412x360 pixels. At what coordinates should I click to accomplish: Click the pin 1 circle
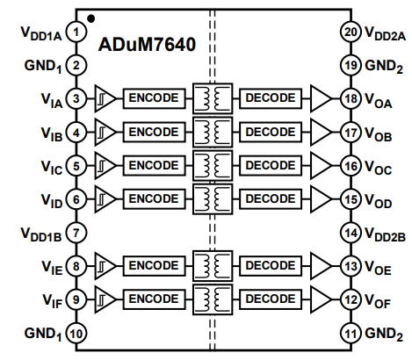point(76,32)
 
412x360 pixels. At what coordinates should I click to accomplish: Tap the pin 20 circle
point(351,32)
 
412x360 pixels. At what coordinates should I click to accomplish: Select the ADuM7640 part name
point(147,45)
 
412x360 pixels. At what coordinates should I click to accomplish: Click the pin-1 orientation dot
point(91,18)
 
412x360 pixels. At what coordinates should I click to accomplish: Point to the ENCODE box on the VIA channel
point(154,98)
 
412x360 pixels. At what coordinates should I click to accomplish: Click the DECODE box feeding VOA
point(271,98)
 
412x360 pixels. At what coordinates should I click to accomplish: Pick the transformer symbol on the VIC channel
point(213,166)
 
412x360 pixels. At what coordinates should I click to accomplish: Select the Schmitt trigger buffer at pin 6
point(105,199)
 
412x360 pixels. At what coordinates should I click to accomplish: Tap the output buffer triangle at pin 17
point(322,133)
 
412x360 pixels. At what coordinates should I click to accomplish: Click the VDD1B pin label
point(41,234)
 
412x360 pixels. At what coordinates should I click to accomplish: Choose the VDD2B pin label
point(385,234)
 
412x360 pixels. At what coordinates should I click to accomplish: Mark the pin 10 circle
point(76,334)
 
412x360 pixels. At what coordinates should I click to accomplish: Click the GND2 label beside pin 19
point(384,66)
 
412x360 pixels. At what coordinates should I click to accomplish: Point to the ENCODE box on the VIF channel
point(154,299)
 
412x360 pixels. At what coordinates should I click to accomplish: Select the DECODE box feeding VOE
point(271,266)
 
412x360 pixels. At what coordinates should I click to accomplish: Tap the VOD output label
point(379,201)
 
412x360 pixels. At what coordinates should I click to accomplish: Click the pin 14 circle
point(351,233)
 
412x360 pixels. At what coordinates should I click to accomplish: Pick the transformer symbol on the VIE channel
point(213,266)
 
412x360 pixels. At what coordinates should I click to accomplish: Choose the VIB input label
point(52,134)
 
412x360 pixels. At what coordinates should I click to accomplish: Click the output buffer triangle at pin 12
point(322,299)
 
